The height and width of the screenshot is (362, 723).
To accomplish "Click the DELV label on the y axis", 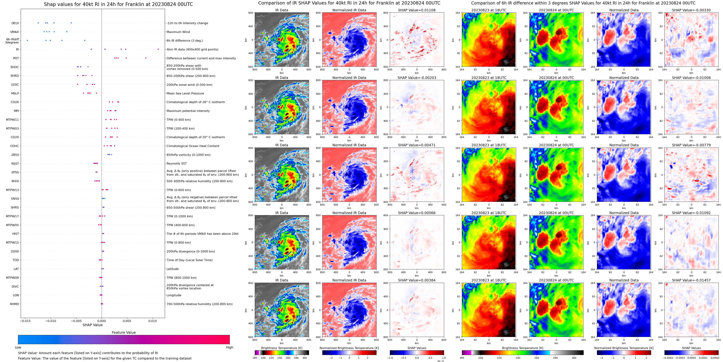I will [x=15, y=23].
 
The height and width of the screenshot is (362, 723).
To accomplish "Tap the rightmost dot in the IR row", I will [x=158, y=49].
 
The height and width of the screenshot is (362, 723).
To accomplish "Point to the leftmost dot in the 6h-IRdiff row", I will [x=27, y=40].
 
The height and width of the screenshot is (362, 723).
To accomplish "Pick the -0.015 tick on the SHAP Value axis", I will [x=25, y=321].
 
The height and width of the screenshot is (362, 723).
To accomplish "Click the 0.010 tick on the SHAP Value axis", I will [x=152, y=321].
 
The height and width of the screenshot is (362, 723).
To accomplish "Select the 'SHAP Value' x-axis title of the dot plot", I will [x=92, y=325].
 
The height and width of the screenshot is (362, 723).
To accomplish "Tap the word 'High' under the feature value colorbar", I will [x=229, y=347].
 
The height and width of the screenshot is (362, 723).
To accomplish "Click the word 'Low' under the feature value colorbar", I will [x=18, y=347].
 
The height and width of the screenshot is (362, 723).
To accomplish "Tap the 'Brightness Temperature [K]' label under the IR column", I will [x=281, y=348].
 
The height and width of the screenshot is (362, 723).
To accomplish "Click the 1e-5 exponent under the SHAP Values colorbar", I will [x=440, y=361].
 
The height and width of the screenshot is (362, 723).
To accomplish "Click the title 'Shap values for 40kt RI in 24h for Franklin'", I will [x=118, y=4].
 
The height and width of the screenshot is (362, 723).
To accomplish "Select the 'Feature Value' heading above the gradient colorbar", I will [x=124, y=332].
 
